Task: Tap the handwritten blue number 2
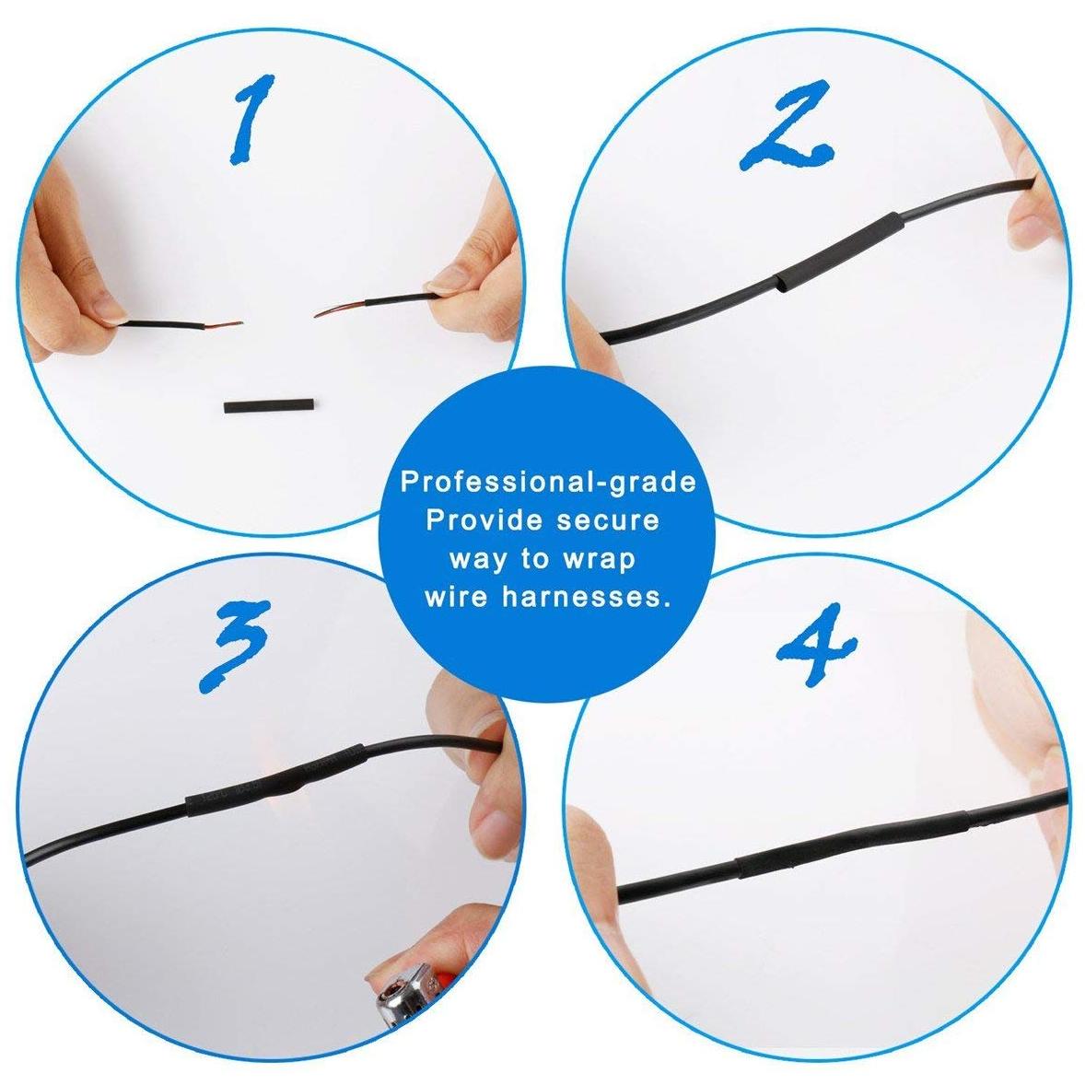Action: [x=786, y=126]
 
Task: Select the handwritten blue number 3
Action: [x=234, y=647]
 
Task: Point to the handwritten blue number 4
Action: [x=817, y=644]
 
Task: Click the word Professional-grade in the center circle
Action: [x=548, y=483]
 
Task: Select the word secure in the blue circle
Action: [x=608, y=520]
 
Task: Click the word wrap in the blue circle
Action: [x=600, y=559]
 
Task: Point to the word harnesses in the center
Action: [x=587, y=596]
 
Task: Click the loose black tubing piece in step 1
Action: [x=269, y=405]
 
